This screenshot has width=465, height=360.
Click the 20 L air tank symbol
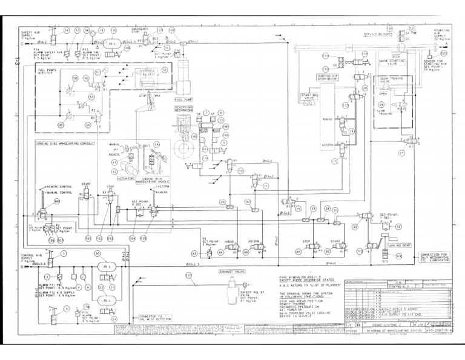click(x=111, y=44)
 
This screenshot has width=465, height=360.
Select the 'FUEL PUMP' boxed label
click(x=184, y=99)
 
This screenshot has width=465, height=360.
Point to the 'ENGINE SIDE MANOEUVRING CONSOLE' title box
click(x=62, y=144)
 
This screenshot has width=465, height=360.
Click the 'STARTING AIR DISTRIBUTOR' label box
click(x=328, y=77)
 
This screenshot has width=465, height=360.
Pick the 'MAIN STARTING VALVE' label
click(x=392, y=61)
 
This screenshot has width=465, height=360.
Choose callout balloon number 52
click(x=164, y=70)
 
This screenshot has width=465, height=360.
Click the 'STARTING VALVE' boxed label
click(x=309, y=96)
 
